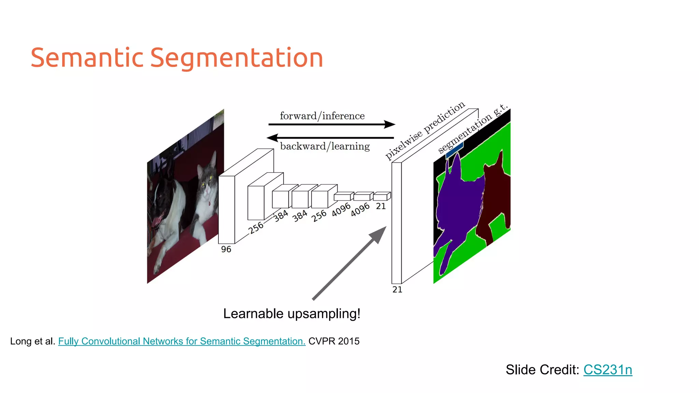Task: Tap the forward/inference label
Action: coord(322,116)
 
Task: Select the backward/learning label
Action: coord(325,146)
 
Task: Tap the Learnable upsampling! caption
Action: coord(291,314)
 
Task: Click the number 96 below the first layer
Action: coord(226,249)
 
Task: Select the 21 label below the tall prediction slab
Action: coord(397,290)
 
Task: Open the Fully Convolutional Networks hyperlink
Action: coord(182,341)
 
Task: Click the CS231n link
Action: coord(608,370)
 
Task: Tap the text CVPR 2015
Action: coord(334,341)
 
